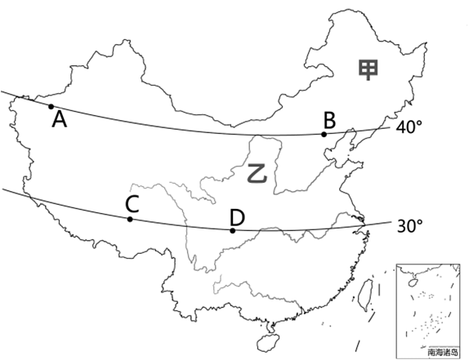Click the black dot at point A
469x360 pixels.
pyautogui.click(x=51, y=106)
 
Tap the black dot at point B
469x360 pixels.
pyautogui.click(x=324, y=135)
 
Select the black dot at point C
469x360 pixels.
pyautogui.click(x=130, y=220)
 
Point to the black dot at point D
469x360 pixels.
pyautogui.click(x=233, y=231)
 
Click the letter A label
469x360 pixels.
pyautogui.click(x=59, y=119)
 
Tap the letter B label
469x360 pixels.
pyautogui.click(x=329, y=121)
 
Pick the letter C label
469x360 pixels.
pyautogui.click(x=132, y=204)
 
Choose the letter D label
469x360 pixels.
pyautogui.click(x=237, y=217)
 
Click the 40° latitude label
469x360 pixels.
pyautogui.click(x=409, y=127)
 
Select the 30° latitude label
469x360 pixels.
pyautogui.click(x=409, y=226)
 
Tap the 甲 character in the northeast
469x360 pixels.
pyautogui.click(x=368, y=70)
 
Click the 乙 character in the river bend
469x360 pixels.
pyautogui.click(x=257, y=173)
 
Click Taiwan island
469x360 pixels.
pyautogui.click(x=365, y=295)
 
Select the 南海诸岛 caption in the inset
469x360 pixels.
pyautogui.click(x=443, y=352)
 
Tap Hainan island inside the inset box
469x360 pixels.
pyautogui.click(x=413, y=282)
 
